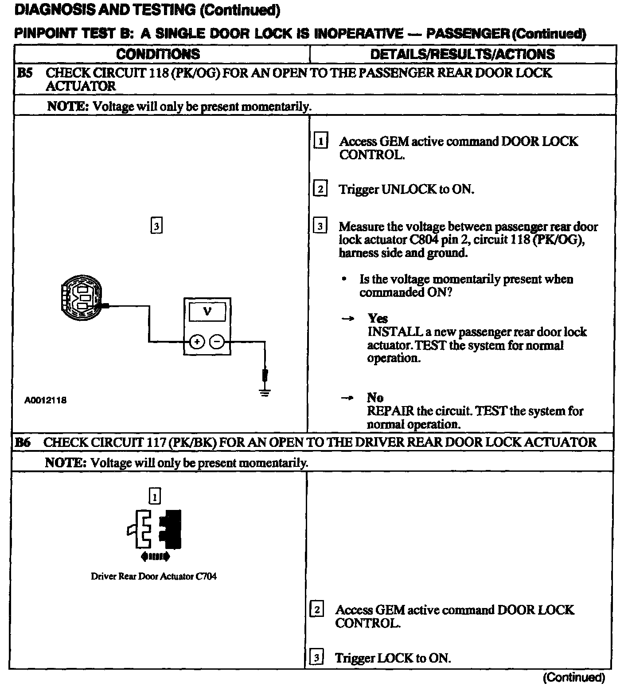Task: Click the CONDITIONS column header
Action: (x=158, y=54)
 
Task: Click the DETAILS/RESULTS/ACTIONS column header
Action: (x=462, y=54)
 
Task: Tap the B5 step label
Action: (x=24, y=73)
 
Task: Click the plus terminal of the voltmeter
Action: (x=197, y=342)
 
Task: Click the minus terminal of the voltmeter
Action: (x=217, y=342)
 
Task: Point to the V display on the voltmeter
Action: (x=207, y=312)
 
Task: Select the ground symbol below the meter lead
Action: (x=265, y=392)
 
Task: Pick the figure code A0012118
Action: (x=46, y=400)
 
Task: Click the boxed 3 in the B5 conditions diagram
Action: (x=156, y=226)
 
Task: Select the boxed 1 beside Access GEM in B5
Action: (x=320, y=141)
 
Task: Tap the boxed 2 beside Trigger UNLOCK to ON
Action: (x=320, y=189)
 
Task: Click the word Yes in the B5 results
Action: (x=378, y=318)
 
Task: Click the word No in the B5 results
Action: (x=375, y=397)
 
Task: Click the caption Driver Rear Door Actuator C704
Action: (x=153, y=577)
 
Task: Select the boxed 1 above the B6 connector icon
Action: (x=154, y=497)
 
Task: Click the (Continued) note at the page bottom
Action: (x=573, y=677)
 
